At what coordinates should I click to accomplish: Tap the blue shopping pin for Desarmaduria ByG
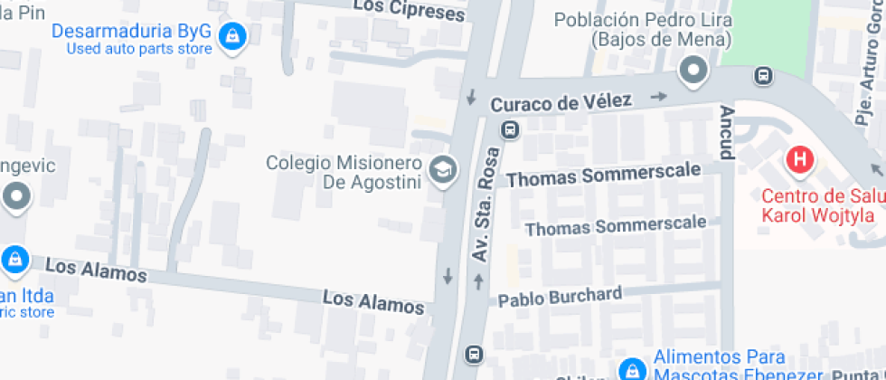pyautogui.click(x=233, y=36)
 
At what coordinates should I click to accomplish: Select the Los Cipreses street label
pyautogui.click(x=409, y=9)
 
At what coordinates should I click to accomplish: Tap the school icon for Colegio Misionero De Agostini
pyautogui.click(x=442, y=170)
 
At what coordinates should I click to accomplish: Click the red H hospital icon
pyautogui.click(x=799, y=161)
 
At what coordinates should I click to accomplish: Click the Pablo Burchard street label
pyautogui.click(x=560, y=296)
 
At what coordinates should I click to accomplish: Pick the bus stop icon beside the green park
pyautogui.click(x=765, y=76)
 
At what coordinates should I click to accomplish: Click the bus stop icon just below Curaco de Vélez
pyautogui.click(x=511, y=129)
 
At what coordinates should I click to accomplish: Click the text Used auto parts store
pyautogui.click(x=139, y=49)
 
